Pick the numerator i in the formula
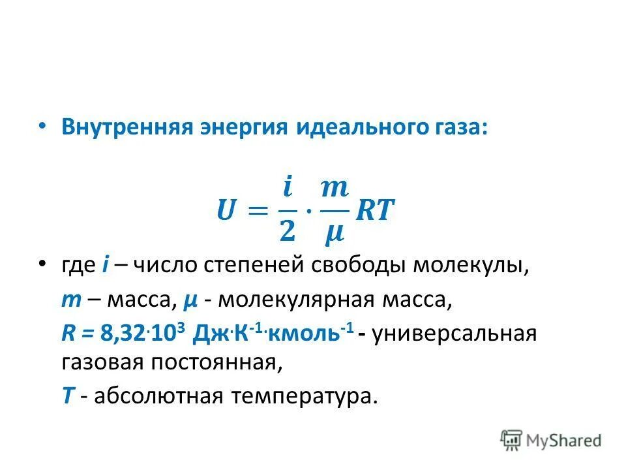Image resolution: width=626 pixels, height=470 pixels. [288, 189]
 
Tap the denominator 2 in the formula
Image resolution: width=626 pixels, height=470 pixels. [288, 230]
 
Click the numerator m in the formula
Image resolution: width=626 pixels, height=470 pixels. [335, 189]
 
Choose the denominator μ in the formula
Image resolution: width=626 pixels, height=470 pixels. [335, 232]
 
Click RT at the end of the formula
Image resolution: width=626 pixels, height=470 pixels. [376, 211]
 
